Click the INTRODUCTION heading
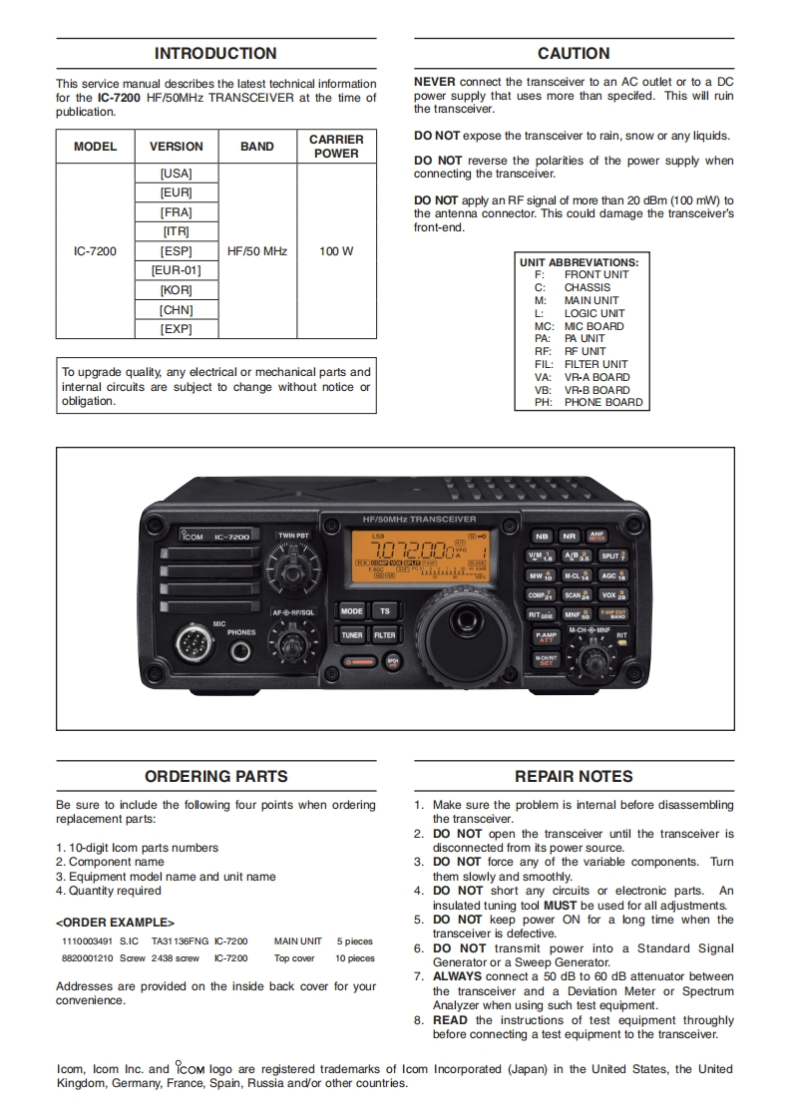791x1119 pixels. [x=215, y=54]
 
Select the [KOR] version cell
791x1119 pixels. [x=177, y=290]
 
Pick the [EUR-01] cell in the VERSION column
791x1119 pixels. [x=177, y=270]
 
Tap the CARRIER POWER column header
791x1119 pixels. [x=336, y=147]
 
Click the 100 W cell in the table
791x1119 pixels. [x=336, y=251]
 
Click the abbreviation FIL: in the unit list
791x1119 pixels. [x=543, y=365]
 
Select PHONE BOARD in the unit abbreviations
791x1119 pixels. [x=603, y=403]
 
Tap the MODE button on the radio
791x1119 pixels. [x=352, y=611]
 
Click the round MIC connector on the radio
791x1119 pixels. [x=195, y=644]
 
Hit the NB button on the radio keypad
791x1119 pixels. [x=542, y=536]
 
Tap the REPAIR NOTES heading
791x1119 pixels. [x=574, y=777]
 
